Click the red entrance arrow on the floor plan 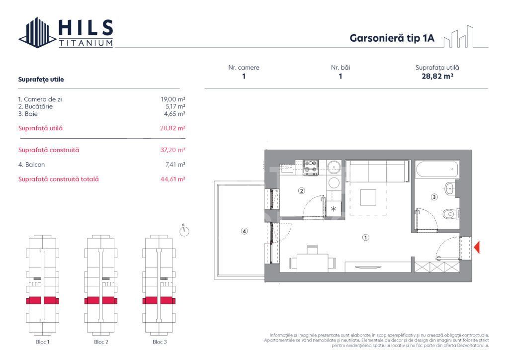[477, 248]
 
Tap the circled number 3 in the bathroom [434, 197]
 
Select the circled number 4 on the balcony [244, 231]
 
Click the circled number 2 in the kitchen [302, 190]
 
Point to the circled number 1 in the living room [365, 237]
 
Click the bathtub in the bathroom [437, 169]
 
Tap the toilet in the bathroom [451, 214]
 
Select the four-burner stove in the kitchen [311, 167]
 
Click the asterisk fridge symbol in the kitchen [334, 209]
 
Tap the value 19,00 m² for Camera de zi [172, 99]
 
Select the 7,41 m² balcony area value [175, 165]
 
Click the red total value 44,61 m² [172, 179]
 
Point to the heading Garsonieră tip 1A [392, 38]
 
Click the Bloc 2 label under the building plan [101, 342]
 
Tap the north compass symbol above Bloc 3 [184, 231]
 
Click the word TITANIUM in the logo [86, 43]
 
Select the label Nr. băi [340, 68]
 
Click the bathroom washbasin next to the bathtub [449, 188]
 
